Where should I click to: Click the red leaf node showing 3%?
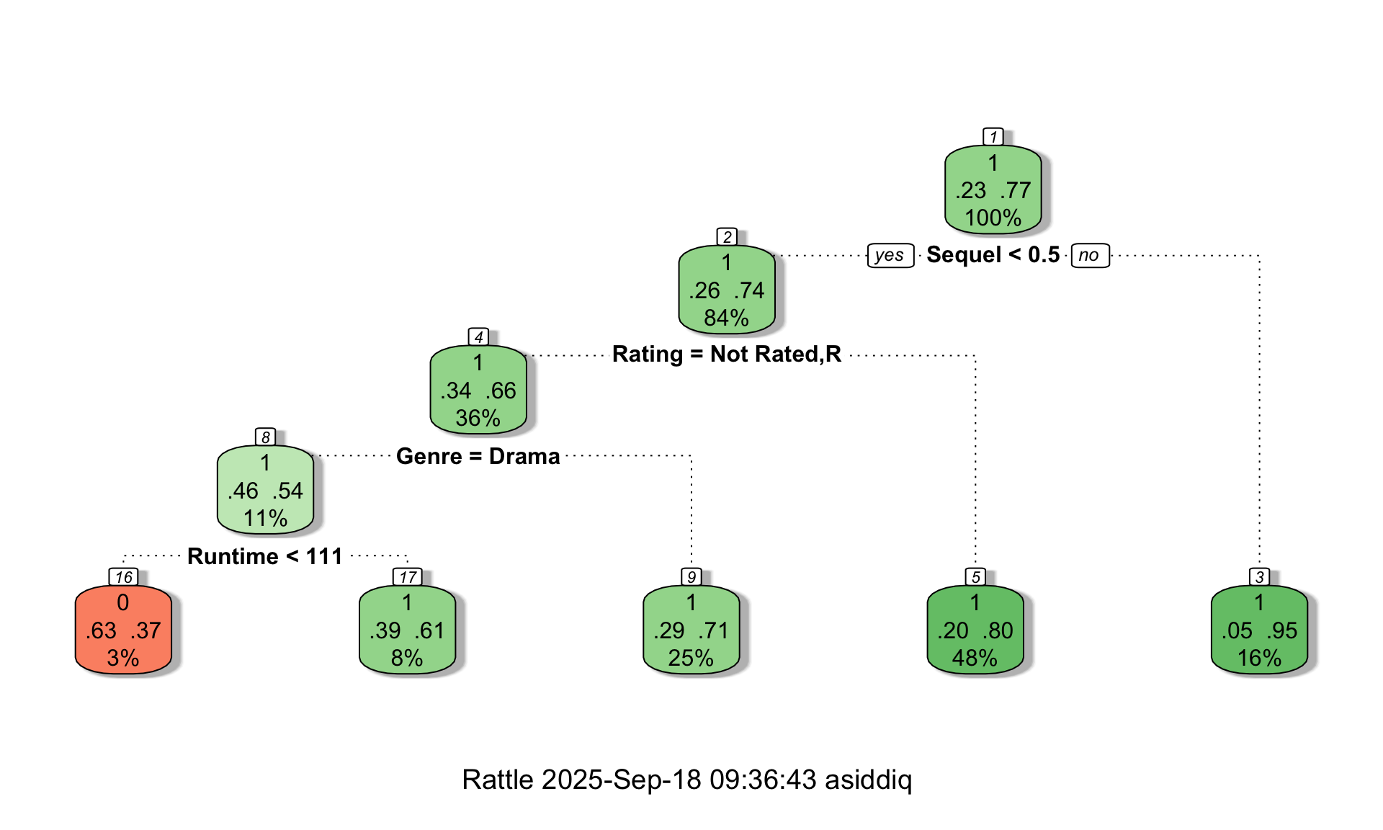point(123,630)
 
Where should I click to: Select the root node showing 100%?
point(993,190)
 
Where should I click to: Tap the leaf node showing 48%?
point(975,630)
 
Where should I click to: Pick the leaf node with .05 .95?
point(1259,630)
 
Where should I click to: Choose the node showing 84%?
point(726,290)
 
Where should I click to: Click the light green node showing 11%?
point(265,491)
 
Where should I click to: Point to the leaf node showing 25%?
point(691,630)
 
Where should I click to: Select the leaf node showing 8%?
point(407,630)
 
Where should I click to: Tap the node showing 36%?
point(478,391)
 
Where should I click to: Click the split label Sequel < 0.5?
point(993,255)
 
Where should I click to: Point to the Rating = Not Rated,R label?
point(726,354)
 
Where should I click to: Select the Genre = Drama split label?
point(478,456)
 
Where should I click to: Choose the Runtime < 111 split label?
point(264,556)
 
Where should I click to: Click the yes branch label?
point(890,255)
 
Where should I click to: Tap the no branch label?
point(1089,255)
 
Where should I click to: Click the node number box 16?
point(123,577)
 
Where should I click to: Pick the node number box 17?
point(407,577)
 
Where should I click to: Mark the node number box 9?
point(691,577)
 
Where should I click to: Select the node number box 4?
point(478,337)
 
